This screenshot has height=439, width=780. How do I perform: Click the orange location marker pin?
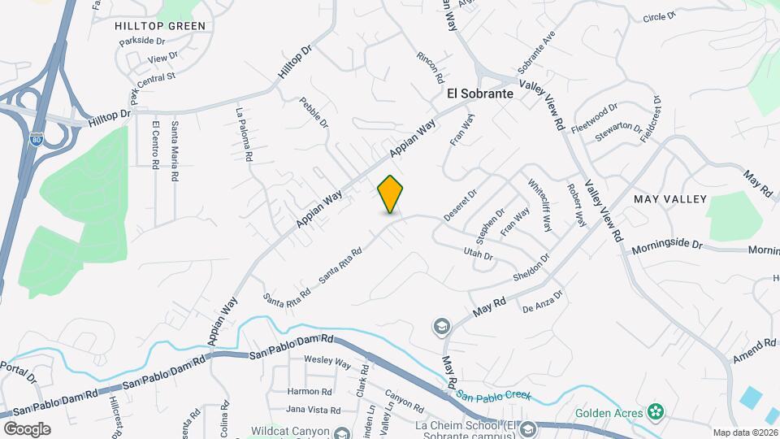[391, 193]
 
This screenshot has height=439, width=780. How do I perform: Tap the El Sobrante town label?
[480, 93]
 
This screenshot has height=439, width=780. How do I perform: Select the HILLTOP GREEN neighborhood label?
[160, 26]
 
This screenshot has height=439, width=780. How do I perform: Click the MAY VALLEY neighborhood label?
[666, 199]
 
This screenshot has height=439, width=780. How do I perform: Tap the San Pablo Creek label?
[492, 396]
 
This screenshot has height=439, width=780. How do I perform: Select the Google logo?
[27, 428]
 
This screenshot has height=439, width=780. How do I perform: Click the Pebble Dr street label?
[314, 112]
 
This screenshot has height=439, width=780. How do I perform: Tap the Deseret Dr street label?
[459, 206]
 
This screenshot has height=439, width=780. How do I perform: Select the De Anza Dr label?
[543, 304]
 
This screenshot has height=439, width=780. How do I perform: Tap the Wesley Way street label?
[327, 361]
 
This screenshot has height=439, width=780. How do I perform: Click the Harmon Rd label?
[307, 391]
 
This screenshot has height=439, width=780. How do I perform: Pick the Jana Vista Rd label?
[314, 409]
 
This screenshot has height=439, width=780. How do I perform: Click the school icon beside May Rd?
[441, 327]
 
